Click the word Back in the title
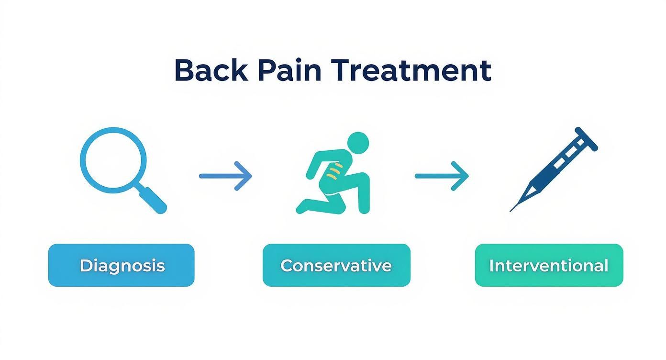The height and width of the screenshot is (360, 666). tap(211, 71)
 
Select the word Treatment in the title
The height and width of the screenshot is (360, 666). tap(411, 71)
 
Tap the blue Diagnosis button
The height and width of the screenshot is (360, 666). tap(122, 265)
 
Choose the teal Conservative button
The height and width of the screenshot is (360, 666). tap(336, 265)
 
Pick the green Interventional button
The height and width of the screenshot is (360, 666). tap(549, 265)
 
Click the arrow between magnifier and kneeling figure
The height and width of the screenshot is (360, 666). tap(225, 176)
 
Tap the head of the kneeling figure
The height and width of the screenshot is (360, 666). tap(357, 143)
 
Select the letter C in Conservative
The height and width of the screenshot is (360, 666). tap(287, 266)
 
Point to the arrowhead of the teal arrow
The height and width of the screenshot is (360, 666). tap(462, 176)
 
